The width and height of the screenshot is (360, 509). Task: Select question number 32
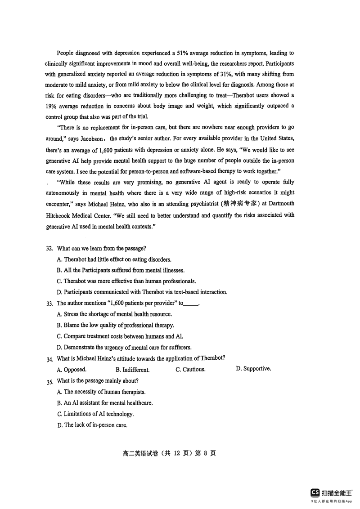[49, 249]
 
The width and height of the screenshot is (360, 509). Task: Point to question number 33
[49, 304]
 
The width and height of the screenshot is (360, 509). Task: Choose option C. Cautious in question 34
[190, 370]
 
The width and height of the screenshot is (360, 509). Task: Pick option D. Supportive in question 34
[253, 369]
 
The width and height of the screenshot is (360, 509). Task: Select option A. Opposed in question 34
[72, 370]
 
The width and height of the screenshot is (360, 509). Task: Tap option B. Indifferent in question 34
[132, 370]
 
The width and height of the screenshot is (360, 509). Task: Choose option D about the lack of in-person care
[92, 425]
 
